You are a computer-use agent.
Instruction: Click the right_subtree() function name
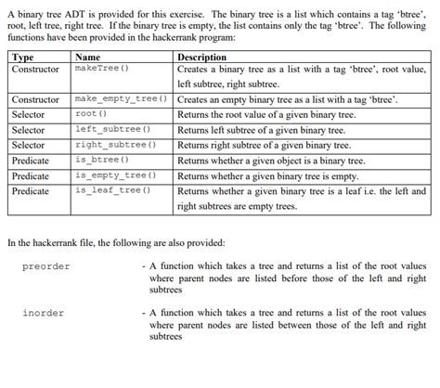114,145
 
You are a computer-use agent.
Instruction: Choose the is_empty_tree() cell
114,175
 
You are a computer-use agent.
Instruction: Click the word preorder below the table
46,267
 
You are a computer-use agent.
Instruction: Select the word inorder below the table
44,313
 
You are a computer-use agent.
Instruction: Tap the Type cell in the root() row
28,115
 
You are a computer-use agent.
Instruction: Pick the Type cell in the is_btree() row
31,161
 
